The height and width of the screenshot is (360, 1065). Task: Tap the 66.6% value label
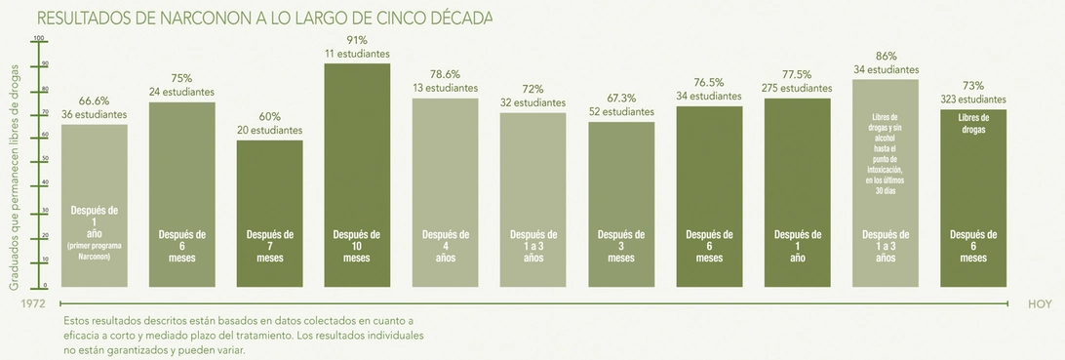pos(94,100)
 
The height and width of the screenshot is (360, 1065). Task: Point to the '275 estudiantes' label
pos(797,88)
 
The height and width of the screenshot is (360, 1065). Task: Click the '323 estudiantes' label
pos(972,100)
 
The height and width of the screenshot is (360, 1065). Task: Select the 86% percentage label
pos(886,57)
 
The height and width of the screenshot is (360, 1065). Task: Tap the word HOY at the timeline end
pos(1040,304)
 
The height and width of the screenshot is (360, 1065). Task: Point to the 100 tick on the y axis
pos(40,39)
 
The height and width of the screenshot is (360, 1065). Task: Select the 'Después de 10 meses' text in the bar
pos(357,247)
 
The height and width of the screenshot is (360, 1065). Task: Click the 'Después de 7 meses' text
pos(269,247)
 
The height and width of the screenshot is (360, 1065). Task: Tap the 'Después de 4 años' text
pos(445,247)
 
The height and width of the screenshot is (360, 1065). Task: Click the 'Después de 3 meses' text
pos(621,247)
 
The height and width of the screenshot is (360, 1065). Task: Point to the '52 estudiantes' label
pos(621,112)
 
